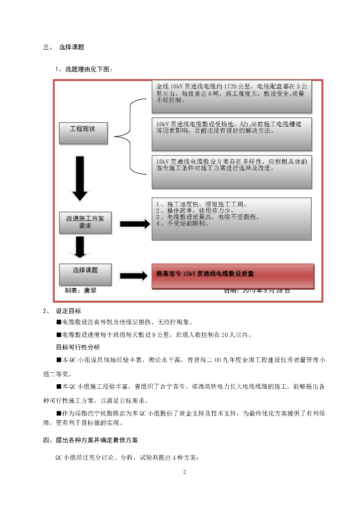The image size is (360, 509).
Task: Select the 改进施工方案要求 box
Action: click(x=86, y=223)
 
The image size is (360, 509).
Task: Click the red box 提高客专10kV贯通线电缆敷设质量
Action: click(x=233, y=276)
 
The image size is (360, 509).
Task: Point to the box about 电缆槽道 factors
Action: click(x=232, y=133)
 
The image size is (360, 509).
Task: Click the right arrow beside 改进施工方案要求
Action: click(x=134, y=224)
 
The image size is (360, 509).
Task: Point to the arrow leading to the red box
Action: click(x=134, y=276)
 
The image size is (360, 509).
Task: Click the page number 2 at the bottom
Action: click(x=184, y=472)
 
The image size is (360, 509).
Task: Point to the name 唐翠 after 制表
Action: click(x=90, y=291)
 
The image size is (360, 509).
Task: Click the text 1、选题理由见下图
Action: click(x=84, y=69)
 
